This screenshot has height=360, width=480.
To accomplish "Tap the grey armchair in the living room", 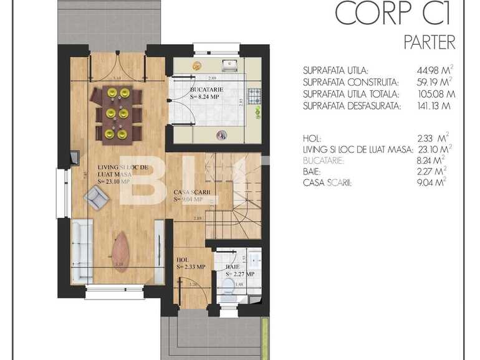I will (x=96, y=198).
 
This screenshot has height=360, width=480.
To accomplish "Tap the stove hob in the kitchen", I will (x=254, y=96).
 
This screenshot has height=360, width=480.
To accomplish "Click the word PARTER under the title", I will (x=430, y=42).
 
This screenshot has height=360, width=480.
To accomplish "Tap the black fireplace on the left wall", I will (x=75, y=156).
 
